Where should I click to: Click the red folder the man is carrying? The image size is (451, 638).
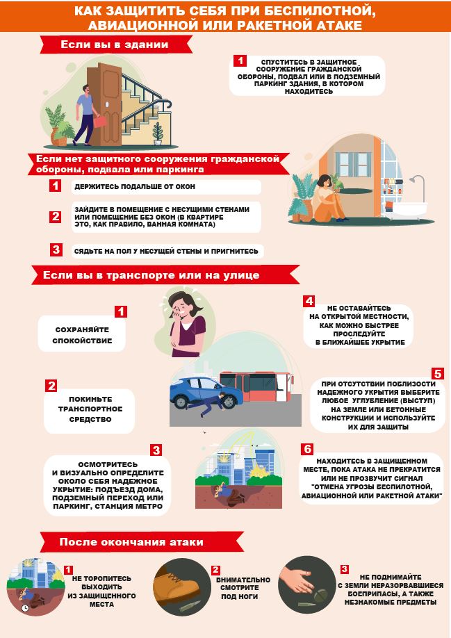[99, 121]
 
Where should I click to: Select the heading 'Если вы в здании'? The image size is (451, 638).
[115, 44]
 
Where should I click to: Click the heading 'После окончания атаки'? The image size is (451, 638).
[131, 542]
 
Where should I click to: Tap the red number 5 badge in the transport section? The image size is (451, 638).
[438, 373]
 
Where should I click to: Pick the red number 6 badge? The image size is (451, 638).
[307, 449]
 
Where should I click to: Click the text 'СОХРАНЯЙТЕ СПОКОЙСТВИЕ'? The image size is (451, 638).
[82, 335]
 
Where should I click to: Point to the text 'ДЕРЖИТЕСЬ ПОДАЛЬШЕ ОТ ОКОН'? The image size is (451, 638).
[135, 187]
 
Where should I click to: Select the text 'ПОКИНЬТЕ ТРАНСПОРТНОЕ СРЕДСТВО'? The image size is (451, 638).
[90, 409]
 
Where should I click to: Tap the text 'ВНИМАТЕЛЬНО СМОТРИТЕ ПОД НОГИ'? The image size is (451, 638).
[243, 588]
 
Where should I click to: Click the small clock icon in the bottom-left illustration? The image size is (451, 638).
[25, 608]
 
